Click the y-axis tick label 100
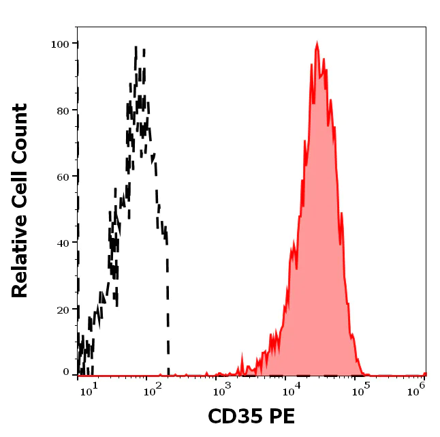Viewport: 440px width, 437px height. tap(60, 44)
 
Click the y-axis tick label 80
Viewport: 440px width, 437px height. tap(63, 110)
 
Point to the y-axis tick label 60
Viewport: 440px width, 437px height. tap(63, 177)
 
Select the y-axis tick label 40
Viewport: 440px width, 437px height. tap(63, 243)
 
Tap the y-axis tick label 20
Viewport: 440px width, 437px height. tap(63, 310)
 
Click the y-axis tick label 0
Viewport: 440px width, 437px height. tap(66, 373)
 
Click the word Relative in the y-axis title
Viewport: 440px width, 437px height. tap(20, 254)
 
